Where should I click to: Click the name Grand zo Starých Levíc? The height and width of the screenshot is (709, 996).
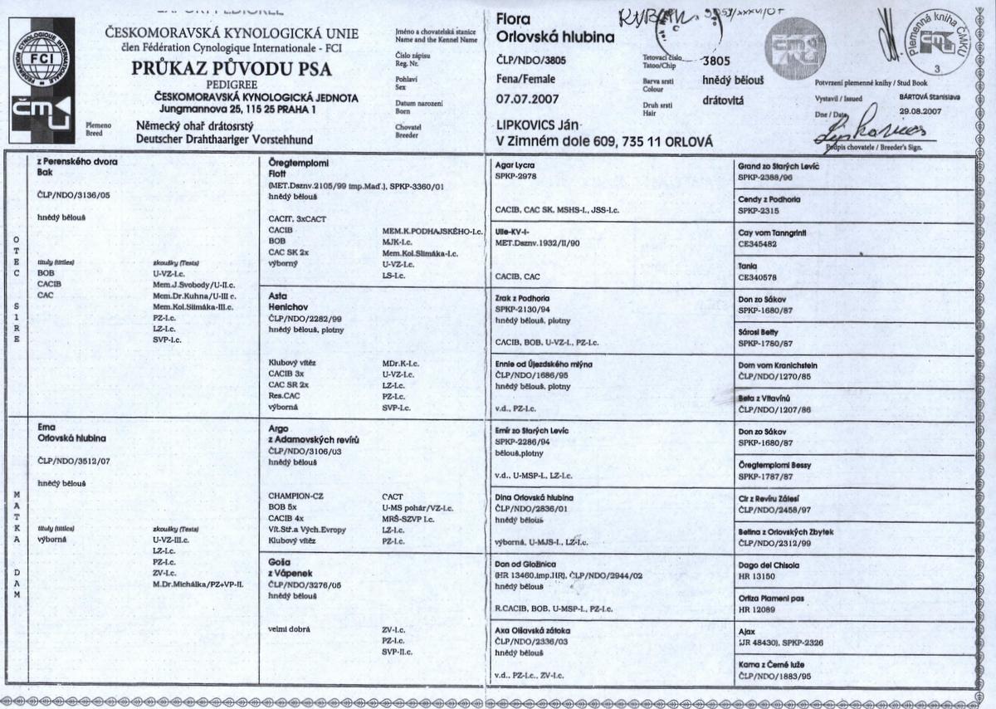point(782,165)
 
